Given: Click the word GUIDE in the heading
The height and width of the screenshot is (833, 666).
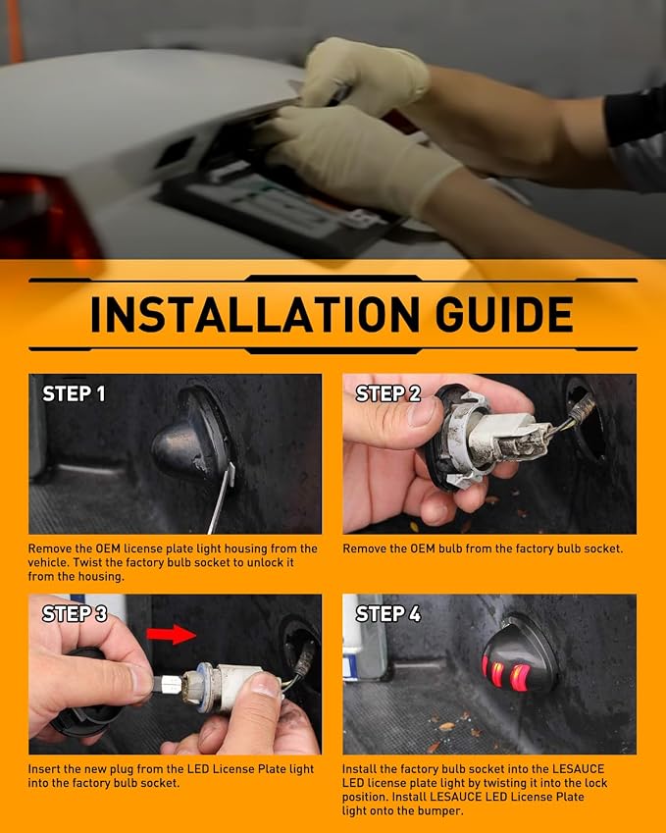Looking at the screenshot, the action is click(504, 314).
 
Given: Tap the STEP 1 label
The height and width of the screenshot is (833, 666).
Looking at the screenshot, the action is click(74, 393).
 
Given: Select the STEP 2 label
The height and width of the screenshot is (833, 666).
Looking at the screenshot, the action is click(387, 393).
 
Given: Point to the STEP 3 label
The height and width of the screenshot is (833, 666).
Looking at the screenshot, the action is click(75, 613).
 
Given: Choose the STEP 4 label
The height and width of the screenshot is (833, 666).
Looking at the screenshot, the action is click(388, 613).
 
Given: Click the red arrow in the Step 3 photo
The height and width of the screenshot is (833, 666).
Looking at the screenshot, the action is click(171, 634).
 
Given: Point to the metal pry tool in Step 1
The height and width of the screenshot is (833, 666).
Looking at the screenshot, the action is click(222, 497).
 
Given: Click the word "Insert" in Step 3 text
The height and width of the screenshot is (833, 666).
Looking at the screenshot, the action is click(44, 769).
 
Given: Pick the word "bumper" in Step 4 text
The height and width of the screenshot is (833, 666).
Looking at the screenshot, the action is click(442, 811).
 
